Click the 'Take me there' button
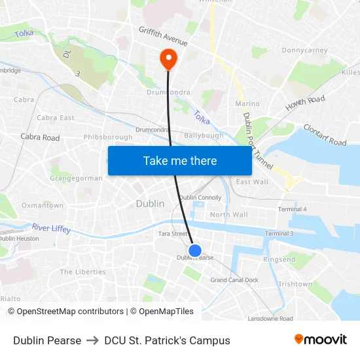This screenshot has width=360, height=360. click(x=180, y=160)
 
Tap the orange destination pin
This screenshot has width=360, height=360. click(x=169, y=60)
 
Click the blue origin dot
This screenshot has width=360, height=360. click(x=195, y=250)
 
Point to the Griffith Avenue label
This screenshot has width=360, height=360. click(x=163, y=36)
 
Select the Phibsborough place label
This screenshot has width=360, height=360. click(x=108, y=137)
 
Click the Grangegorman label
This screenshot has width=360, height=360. click(x=77, y=178)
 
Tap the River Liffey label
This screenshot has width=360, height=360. click(x=51, y=228)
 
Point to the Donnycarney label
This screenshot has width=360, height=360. click(x=304, y=50)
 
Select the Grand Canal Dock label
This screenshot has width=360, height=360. click(x=234, y=280)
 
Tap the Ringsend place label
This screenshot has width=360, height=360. click(x=279, y=260)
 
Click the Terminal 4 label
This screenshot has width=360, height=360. click(x=293, y=209)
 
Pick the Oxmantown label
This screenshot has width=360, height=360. click(x=43, y=206)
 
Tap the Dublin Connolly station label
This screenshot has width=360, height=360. click(x=200, y=198)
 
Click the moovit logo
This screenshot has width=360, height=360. click(x=320, y=340)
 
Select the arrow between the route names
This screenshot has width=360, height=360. click(x=92, y=340)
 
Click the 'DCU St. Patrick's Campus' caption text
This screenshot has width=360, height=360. click(x=167, y=340)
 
